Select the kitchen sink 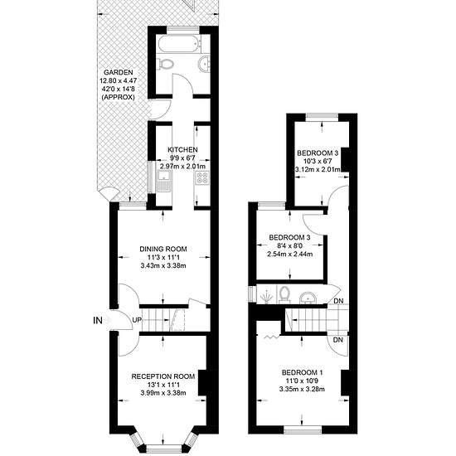pos(164,181)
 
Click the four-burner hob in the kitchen pos(202,177)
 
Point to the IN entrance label pos(98,321)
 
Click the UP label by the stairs pos(137,320)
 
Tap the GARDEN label pos(119,72)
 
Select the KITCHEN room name pos(182,150)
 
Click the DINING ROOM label pos(163,249)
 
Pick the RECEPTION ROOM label pos(163,376)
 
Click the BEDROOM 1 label pos(302,372)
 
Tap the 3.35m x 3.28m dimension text pos(302,389)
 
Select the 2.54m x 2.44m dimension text pos(290,255)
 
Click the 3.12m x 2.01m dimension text pos(318,169)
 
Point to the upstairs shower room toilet pos(284,294)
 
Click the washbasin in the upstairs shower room pos(308,298)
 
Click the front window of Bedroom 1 pos(303,429)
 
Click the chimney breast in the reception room pos(202,383)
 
